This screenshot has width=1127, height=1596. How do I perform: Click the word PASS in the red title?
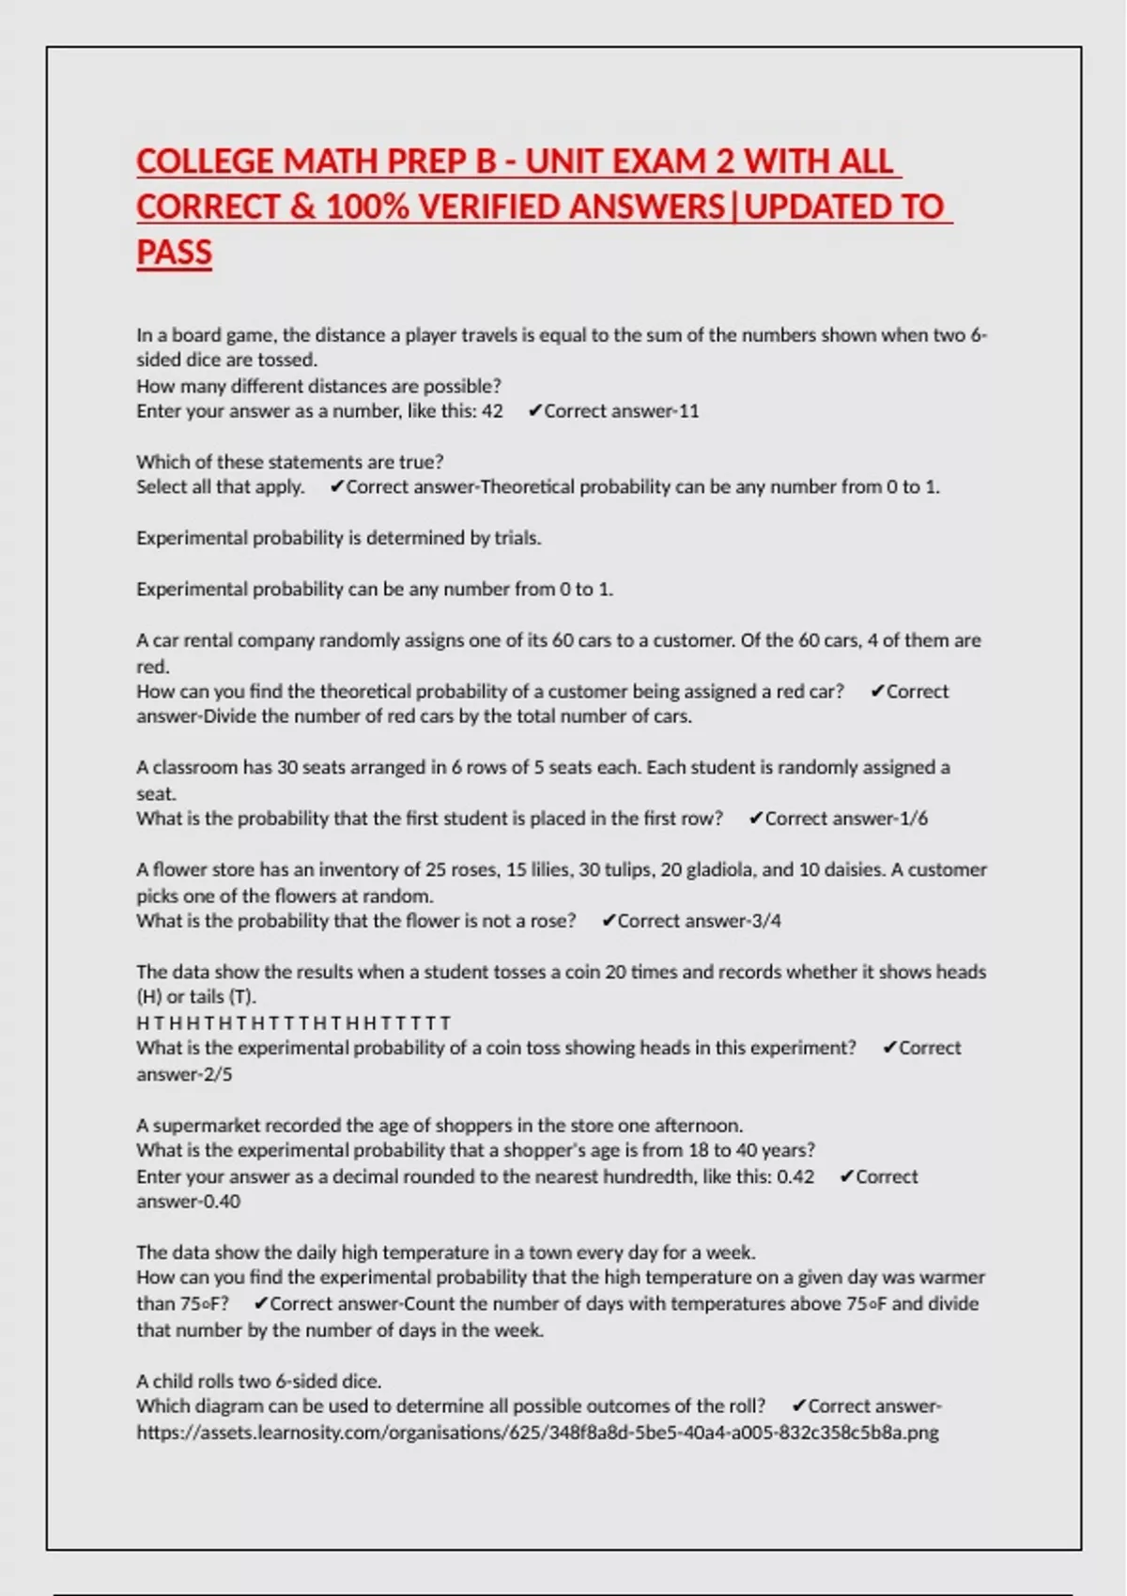(175, 252)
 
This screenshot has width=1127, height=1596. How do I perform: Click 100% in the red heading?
(367, 207)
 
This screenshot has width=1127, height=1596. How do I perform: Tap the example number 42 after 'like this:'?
(492, 411)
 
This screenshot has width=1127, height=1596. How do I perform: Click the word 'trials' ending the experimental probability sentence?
(517, 538)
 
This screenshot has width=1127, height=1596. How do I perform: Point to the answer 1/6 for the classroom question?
(913, 819)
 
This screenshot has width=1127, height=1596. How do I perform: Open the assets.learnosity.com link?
(537, 1433)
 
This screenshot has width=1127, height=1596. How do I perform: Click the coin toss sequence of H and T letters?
(293, 1022)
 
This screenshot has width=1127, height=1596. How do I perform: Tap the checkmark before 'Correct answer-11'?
(534, 411)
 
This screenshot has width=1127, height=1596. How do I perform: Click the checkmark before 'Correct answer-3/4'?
(608, 921)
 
